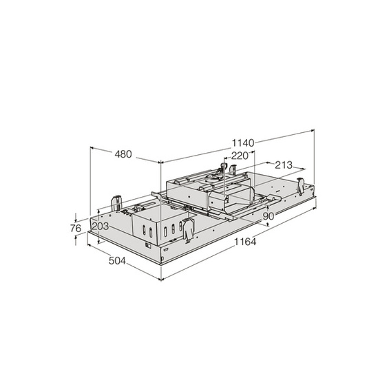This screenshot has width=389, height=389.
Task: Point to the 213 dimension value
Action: click(283, 165)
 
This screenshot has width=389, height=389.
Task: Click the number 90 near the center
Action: click(269, 216)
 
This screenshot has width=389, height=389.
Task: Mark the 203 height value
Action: click(101, 227)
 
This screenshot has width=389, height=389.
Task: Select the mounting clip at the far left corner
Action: click(114, 201)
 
